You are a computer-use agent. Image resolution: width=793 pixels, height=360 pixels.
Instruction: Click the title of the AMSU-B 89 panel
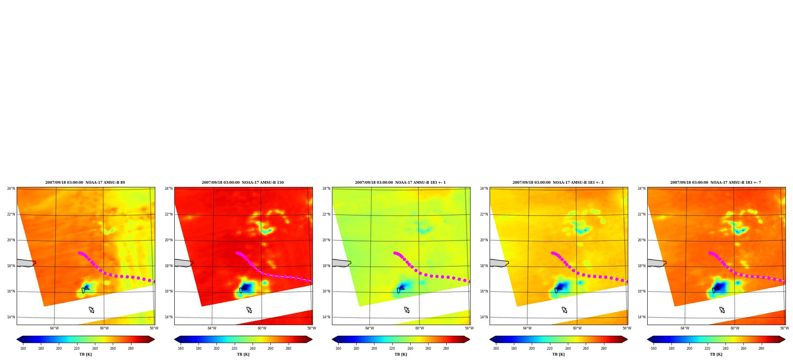coord(85,183)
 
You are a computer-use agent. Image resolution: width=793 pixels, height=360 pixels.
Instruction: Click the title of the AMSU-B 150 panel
coord(243,183)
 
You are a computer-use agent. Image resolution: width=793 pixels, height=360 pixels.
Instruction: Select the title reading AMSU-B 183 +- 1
coord(400,183)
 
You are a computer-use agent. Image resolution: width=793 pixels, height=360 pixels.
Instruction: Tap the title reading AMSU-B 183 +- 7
coord(716,183)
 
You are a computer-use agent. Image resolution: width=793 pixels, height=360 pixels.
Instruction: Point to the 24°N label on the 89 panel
coord(11,189)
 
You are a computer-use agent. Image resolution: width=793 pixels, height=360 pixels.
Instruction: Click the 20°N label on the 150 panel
coord(169,240)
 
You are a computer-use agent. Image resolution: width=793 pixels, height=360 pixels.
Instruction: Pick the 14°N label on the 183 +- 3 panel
coord(484,317)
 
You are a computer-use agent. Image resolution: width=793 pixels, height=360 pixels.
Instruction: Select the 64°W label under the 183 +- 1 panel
coord(369,328)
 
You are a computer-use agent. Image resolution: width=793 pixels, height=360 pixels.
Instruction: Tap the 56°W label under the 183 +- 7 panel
coord(784,328)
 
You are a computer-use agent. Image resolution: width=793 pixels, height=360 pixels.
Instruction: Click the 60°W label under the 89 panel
coord(104,328)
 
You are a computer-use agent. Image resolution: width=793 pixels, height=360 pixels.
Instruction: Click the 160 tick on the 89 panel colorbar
coord(23,348)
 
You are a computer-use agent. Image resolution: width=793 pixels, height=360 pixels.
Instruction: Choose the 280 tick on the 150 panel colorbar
coord(288,348)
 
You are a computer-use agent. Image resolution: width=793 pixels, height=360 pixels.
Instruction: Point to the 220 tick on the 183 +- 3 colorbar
coord(550,348)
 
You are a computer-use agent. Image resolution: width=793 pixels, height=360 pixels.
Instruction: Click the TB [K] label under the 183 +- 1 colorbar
coord(401,354)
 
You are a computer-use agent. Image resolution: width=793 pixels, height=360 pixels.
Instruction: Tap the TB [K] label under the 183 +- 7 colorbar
coord(716,354)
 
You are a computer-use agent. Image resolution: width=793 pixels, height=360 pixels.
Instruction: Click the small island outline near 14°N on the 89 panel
coord(91,310)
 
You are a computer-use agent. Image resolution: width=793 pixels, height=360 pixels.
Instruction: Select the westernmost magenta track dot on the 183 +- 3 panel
coord(552,253)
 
